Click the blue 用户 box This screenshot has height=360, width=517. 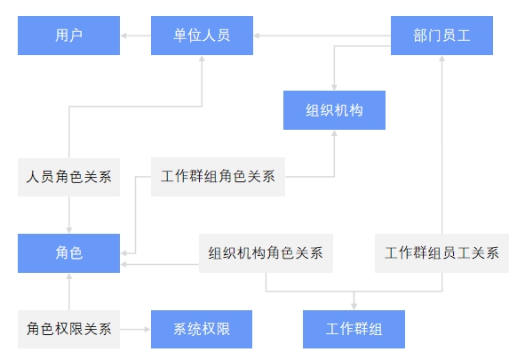[68, 36]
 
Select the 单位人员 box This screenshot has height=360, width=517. [202, 36]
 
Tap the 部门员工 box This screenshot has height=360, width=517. [441, 36]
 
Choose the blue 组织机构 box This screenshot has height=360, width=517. [334, 110]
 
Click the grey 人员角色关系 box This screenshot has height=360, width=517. [68, 177]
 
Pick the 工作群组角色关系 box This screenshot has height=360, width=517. [218, 177]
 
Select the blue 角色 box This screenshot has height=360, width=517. [68, 253]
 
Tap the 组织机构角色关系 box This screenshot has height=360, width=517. [266, 253]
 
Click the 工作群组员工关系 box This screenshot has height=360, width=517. [441, 253]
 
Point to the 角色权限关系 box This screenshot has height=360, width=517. [68, 329]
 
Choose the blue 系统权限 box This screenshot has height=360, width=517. [202, 329]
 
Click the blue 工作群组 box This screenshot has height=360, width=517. [354, 329]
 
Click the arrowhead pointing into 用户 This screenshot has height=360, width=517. [123, 36]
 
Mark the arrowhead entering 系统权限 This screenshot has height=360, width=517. [147, 329]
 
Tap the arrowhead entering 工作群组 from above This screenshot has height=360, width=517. [354, 306]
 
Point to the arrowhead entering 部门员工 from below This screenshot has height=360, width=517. [441, 59]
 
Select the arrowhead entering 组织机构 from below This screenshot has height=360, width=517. [334, 133]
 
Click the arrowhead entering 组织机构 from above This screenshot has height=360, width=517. [334, 87]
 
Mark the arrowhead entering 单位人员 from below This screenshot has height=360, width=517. [202, 59]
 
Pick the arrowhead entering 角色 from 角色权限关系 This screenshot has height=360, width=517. [69, 276]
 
